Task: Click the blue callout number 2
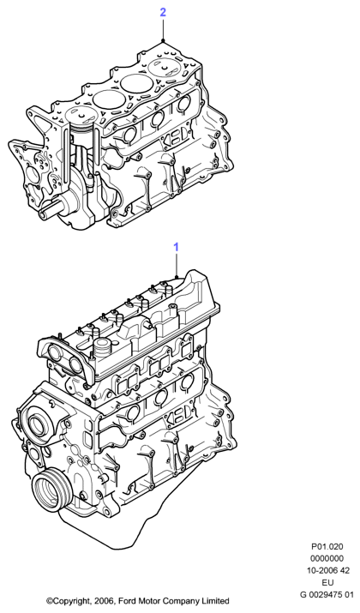163,12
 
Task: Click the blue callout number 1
177,247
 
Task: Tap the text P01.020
327,546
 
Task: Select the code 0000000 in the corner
327,558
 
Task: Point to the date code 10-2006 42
327,570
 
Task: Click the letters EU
327,582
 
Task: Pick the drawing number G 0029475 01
327,595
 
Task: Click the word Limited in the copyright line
216,600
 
